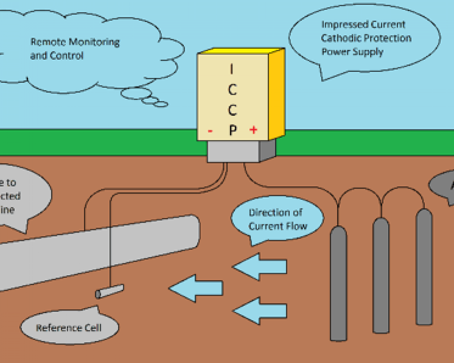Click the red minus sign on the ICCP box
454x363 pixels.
210,131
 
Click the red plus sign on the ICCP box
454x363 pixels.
253,130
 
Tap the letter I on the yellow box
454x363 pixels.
232,70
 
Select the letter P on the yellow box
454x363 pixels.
233,130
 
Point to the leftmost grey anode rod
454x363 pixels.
338,284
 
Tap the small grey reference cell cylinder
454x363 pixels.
110,291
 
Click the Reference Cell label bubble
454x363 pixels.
69,327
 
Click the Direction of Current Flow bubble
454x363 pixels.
277,219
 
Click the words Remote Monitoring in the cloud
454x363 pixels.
75,42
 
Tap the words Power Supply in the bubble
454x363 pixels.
352,52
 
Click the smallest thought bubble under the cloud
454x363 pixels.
161,104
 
